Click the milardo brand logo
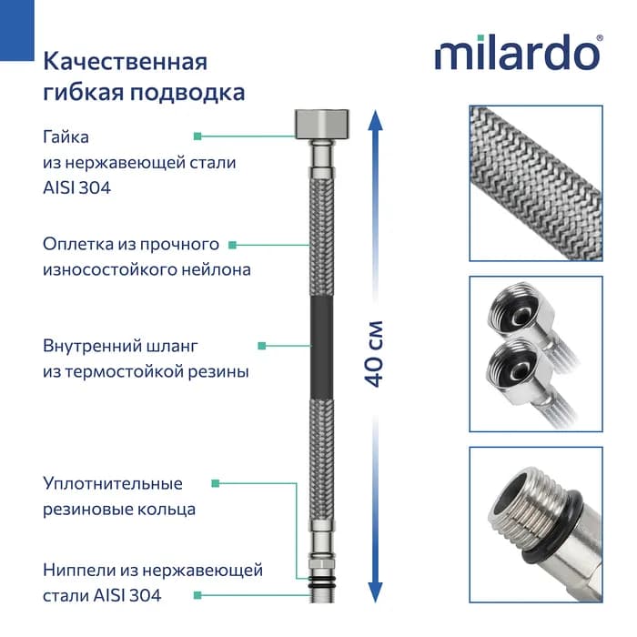coord(519,53)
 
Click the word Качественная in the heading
coord(126,62)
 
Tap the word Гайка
coord(66,137)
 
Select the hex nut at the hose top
coord(322,124)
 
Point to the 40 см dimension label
coord(374,353)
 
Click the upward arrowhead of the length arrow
coord(375,120)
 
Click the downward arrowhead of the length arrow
coord(375,592)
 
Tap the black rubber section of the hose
coord(322,349)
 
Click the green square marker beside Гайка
coord(197,136)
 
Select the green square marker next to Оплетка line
coord(232,245)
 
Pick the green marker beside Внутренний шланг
coord(262,346)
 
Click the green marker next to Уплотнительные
coord(216,483)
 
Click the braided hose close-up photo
coord(536,183)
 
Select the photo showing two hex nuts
coord(536,354)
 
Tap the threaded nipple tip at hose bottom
coord(322,595)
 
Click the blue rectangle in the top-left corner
coord(17,30)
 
